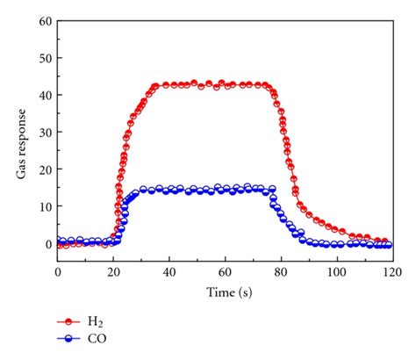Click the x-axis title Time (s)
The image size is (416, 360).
[225, 291]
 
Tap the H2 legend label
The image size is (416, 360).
[96, 323]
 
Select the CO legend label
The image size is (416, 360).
[97, 338]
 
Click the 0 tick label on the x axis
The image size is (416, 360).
[58, 272]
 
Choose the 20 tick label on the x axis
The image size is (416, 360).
[113, 272]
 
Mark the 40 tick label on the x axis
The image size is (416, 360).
[169, 272]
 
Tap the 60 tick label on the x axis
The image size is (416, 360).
[225, 272]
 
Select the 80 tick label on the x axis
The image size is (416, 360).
[280, 272]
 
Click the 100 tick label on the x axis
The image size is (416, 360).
[335, 272]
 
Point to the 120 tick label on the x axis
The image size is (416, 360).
[391, 272]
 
